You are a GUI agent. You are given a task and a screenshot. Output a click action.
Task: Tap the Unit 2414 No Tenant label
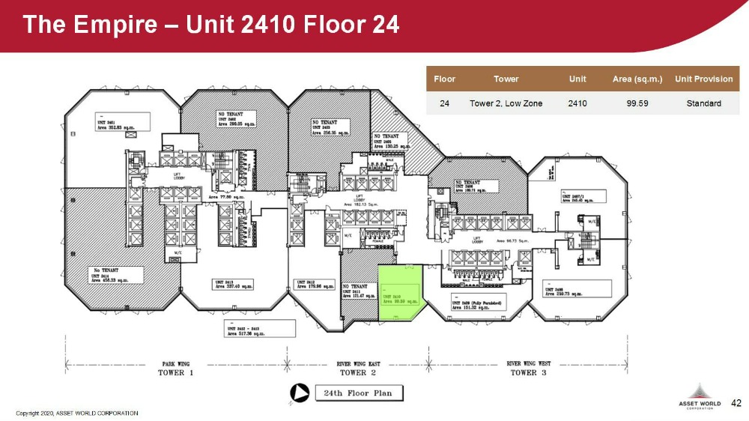[x=109, y=275]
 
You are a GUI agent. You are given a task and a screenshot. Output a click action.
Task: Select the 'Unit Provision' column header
[x=703, y=79]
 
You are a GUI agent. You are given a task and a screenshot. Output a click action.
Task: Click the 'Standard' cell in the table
[x=703, y=103]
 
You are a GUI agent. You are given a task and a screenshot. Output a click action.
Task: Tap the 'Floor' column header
[x=444, y=79]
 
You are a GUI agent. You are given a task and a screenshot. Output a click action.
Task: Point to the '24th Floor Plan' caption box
[x=357, y=393]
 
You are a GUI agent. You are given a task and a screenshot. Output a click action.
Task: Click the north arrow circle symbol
[x=298, y=393]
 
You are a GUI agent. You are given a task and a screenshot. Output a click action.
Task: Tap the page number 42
[x=736, y=403]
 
